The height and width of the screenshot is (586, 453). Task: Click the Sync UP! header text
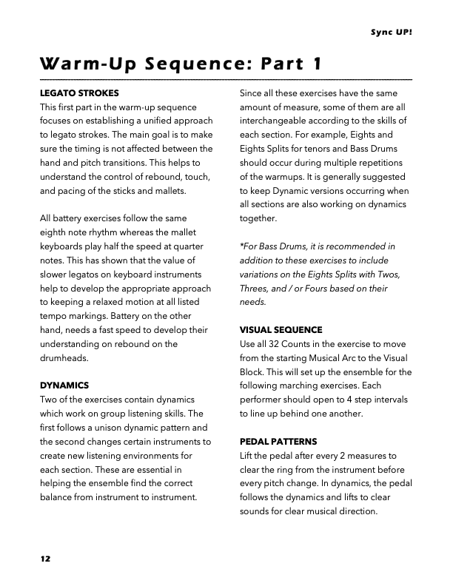391,33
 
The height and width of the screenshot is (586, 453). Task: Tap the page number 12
46,559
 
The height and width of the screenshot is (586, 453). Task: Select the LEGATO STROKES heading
80,93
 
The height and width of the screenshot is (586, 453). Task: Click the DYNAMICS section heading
64,385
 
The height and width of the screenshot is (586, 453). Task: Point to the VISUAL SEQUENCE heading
281,329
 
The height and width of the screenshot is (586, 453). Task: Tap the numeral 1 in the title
317,64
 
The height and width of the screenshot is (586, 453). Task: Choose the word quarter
194,246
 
